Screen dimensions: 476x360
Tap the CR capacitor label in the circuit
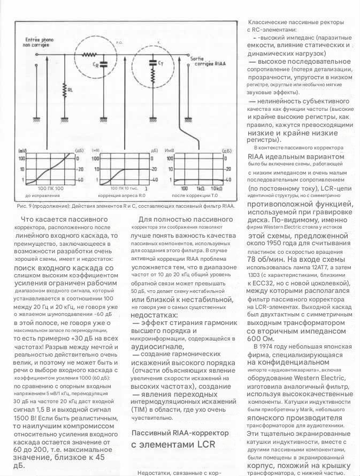[95, 64]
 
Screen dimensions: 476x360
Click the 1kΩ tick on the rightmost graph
[201, 189]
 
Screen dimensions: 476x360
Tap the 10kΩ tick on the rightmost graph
[217, 189]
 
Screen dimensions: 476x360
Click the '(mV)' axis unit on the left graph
[22, 151]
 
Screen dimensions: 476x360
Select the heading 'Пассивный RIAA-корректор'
[180, 432]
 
